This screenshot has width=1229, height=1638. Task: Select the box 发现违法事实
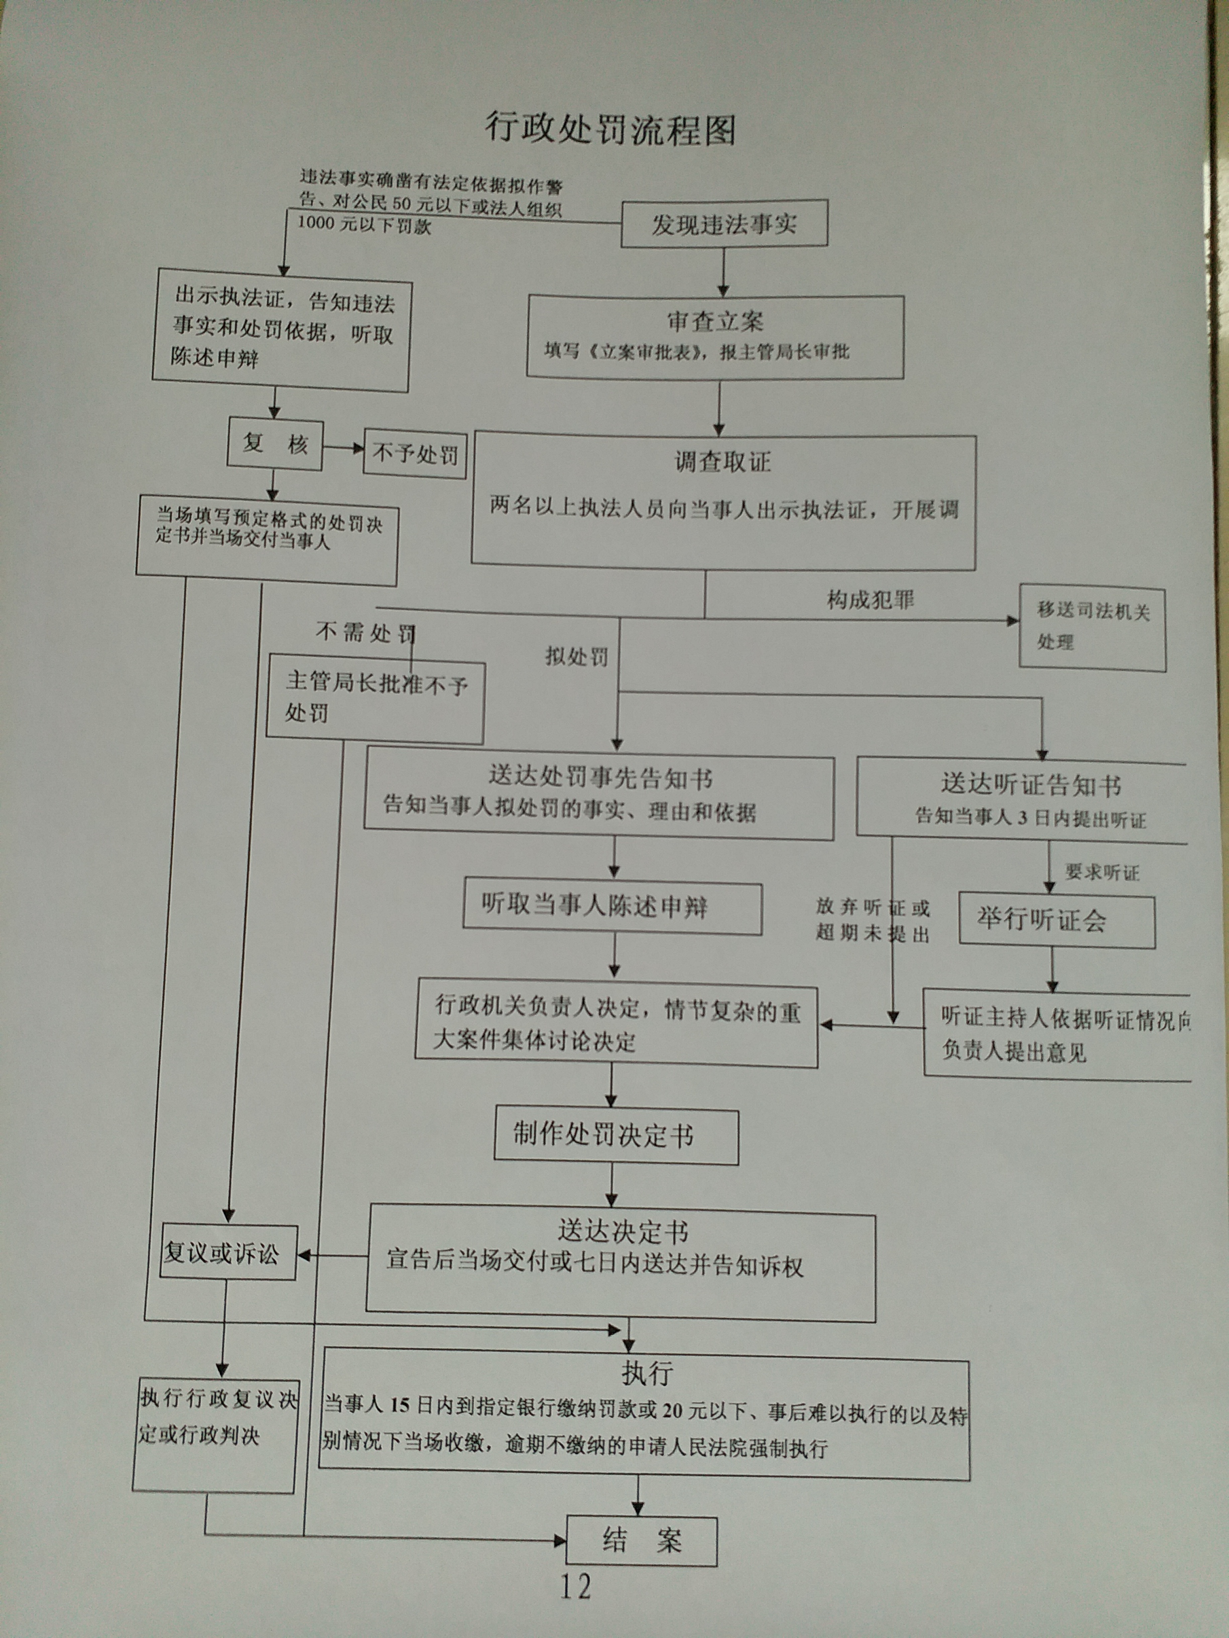[x=724, y=224]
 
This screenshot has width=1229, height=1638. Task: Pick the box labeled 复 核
[x=275, y=444]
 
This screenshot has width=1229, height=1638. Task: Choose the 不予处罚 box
[x=415, y=453]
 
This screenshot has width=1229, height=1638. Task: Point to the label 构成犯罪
[x=871, y=599]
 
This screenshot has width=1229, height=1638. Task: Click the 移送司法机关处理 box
[x=1092, y=628]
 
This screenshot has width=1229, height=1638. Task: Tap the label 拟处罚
[x=576, y=656]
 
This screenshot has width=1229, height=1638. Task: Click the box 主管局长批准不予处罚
[x=375, y=698]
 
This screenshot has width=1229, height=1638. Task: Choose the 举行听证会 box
[x=1056, y=920]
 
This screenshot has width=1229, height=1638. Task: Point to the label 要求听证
[x=1101, y=872]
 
